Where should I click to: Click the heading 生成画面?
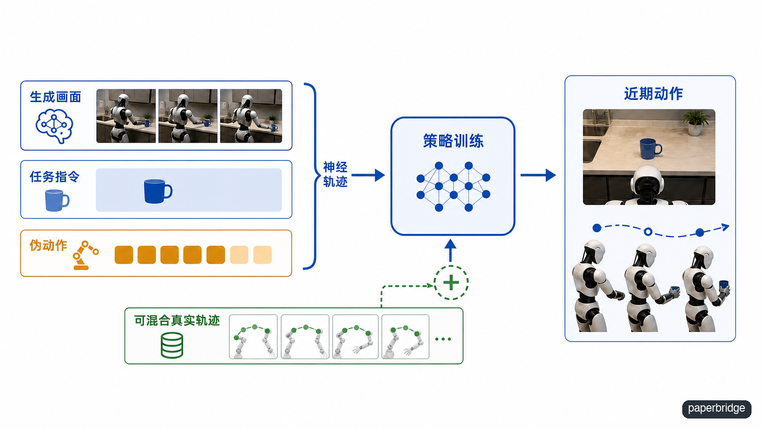coord(56,97)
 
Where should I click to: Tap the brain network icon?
coord(54,126)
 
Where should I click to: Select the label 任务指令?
coord(54,176)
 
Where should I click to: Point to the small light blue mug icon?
coord(57,201)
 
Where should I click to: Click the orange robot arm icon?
coord(85,255)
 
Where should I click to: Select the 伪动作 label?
coord(48,245)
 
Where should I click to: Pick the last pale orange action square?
coord(262,255)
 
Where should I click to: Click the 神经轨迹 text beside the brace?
coord(335,175)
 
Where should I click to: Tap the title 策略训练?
coord(453,141)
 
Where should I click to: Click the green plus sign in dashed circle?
coord(451,282)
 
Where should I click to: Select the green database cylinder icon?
coord(172,345)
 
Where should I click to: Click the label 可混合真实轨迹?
coord(177,320)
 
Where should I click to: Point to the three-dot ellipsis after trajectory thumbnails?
coord(443,339)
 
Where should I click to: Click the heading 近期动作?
coord(653,93)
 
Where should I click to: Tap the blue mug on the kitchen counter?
coord(650,149)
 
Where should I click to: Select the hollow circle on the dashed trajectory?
coord(648,232)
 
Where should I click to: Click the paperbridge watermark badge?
coord(716,408)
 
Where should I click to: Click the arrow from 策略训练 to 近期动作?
coord(538,175)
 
